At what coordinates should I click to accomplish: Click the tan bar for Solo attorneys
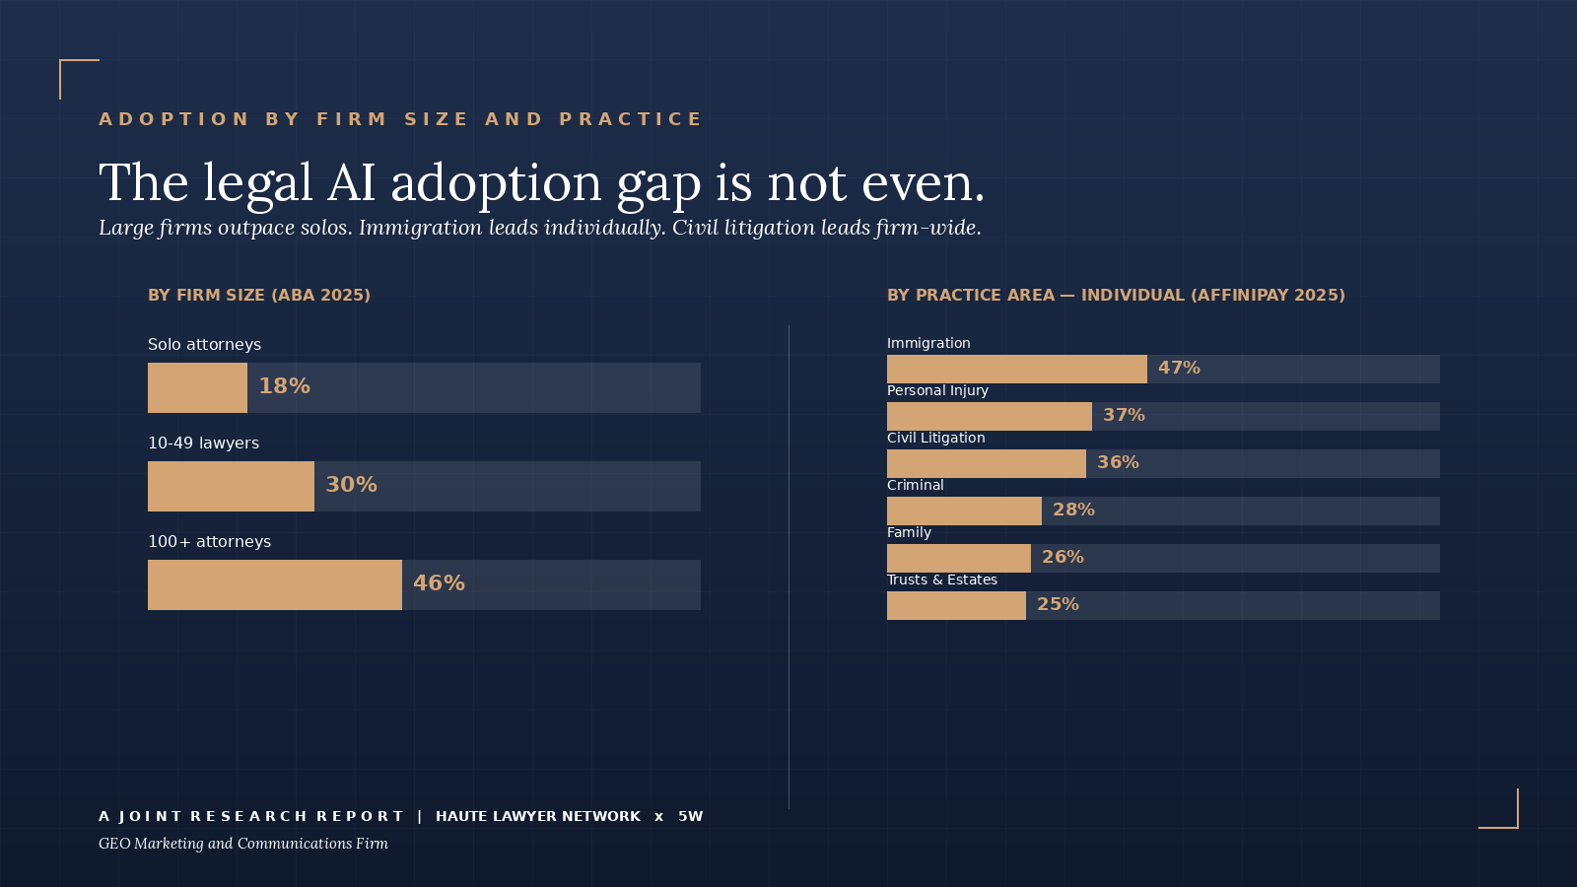197,387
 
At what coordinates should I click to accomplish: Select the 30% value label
351,485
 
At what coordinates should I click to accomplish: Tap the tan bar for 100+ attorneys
274,584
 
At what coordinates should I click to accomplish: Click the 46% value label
439,583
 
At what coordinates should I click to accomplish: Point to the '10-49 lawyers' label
203,443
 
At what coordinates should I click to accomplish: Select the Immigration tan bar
1016,369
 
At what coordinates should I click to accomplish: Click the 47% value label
1179,368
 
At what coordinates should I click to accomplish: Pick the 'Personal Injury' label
937,390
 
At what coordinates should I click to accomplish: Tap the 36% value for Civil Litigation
1118,462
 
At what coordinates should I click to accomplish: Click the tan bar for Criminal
964,511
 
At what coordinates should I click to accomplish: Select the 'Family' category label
909,532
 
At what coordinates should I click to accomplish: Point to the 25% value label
1058,604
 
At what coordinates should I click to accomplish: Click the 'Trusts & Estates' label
941,580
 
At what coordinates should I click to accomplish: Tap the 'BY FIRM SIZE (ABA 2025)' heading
259,295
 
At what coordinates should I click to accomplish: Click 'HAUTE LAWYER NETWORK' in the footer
538,816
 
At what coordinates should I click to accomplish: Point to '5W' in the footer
690,816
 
